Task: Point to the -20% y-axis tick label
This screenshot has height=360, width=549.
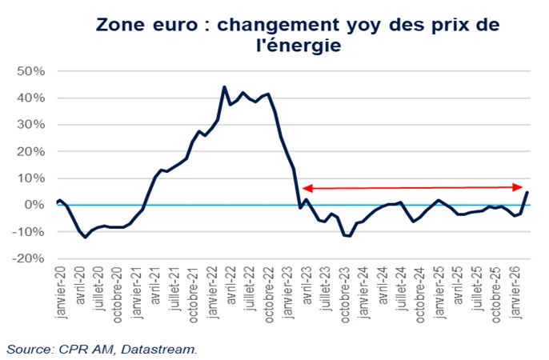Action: (29, 258)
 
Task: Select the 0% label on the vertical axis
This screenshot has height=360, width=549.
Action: (35, 205)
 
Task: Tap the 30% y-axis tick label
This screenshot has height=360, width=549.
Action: (30, 125)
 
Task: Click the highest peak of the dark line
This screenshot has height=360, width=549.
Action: (224, 86)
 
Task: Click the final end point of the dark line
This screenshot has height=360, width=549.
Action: (526, 191)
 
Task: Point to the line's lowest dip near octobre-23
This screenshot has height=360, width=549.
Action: (350, 236)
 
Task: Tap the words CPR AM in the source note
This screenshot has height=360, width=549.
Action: (87, 349)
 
